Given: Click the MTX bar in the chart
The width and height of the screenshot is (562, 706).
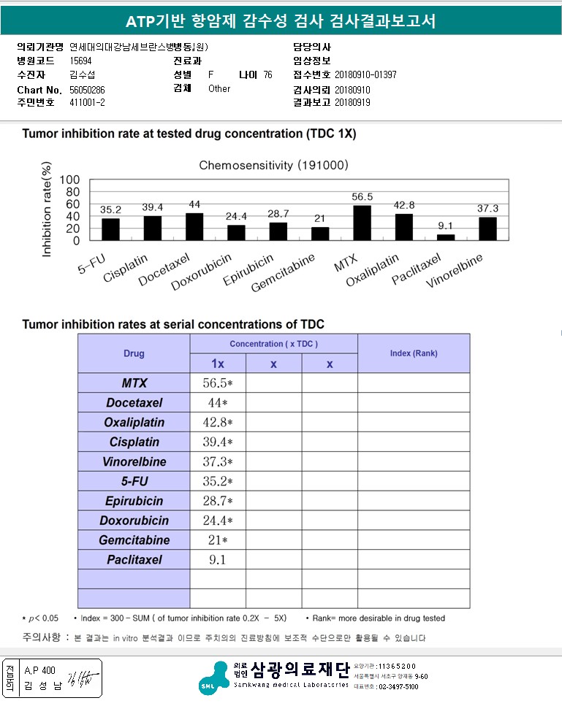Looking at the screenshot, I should point(362,223).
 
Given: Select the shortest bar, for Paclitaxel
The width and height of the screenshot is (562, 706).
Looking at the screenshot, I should point(446,237).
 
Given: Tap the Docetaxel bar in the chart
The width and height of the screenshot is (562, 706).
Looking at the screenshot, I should point(194,226).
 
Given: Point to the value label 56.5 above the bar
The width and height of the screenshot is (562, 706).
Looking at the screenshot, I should point(362,197).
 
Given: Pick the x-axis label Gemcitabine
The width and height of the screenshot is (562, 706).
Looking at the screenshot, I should point(284,272).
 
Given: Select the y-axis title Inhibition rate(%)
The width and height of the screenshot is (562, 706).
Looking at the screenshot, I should point(48,211).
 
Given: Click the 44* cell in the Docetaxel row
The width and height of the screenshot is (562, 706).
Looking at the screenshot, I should point(218,403).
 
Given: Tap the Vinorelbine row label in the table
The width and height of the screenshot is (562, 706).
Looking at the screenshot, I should point(135,461).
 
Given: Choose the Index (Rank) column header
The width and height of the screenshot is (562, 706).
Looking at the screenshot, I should point(413,353).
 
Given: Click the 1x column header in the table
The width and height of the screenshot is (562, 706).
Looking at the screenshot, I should point(218,364).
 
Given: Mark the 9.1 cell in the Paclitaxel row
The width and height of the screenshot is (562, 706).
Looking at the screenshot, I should point(218,560).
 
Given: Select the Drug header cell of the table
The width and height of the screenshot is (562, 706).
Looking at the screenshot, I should point(134,353).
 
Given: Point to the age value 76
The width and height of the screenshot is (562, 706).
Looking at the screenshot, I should point(267,75).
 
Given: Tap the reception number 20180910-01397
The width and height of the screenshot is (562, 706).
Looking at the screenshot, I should point(365,75).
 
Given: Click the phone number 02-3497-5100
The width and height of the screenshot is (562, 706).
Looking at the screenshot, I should point(398,687).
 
